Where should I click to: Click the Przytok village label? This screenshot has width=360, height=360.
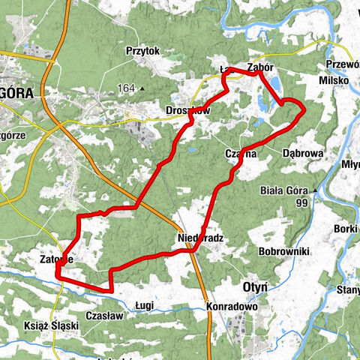(x=143, y=51)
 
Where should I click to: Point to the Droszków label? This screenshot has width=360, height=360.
(x=187, y=110)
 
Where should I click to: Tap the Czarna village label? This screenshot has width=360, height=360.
(x=241, y=153)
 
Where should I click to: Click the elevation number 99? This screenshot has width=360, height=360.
(x=302, y=202)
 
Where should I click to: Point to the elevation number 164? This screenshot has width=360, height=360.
(x=125, y=89)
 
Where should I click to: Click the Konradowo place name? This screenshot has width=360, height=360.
(x=232, y=307)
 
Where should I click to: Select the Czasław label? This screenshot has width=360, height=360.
(x=104, y=316)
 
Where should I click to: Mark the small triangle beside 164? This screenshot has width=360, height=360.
(x=141, y=89)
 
